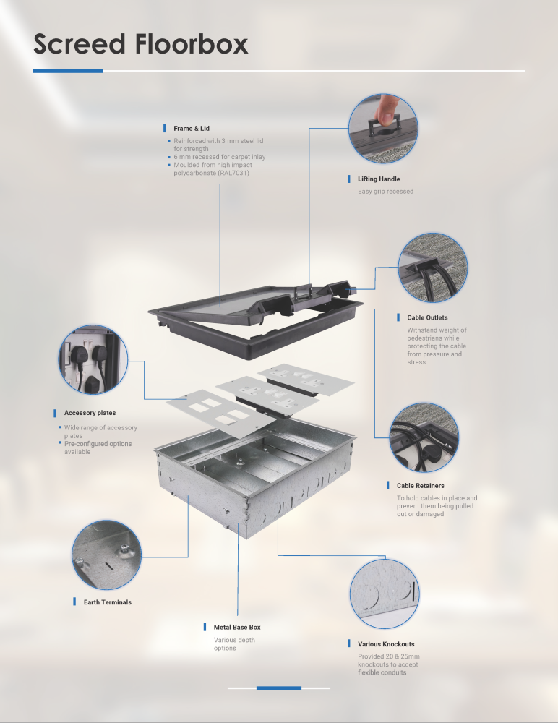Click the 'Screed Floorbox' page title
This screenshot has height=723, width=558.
point(141,44)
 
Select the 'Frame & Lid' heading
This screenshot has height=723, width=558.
point(192,129)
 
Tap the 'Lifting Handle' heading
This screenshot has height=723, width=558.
point(379,179)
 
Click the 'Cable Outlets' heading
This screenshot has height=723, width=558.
point(427,317)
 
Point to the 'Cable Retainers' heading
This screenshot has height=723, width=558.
point(421,486)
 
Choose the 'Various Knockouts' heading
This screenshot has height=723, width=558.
point(386,644)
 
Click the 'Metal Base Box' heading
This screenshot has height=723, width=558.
point(237,627)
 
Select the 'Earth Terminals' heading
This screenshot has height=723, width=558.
point(108,602)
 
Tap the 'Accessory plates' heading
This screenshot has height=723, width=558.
point(90,413)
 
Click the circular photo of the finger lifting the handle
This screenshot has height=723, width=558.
point(383,129)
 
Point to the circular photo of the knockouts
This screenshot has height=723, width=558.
point(385,594)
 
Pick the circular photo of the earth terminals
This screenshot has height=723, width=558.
point(106,555)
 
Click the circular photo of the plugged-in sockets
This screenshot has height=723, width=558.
point(93,359)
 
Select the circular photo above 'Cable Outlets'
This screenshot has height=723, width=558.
point(432,268)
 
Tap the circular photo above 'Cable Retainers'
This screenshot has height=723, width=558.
point(424,437)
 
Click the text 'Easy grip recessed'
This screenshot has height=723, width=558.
point(385,192)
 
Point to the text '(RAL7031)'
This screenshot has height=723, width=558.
point(234,173)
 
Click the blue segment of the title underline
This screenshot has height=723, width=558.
point(68,71)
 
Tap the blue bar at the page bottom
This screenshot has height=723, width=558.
point(279,688)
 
